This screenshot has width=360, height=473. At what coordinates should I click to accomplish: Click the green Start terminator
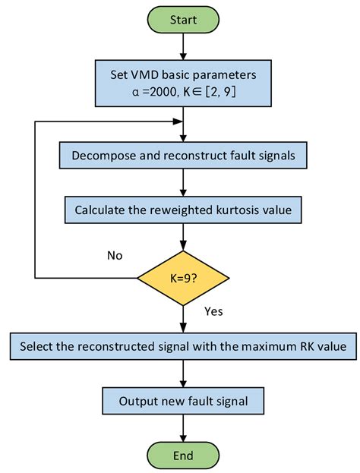point(182,18)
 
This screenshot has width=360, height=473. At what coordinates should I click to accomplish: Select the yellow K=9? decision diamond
point(182,278)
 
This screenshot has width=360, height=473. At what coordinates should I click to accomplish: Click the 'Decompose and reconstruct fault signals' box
point(182,156)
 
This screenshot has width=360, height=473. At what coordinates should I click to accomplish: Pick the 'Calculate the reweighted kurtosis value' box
point(182,208)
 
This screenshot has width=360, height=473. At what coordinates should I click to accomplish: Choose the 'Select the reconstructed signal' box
point(182,347)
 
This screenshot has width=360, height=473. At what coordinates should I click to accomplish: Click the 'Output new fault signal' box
point(182,399)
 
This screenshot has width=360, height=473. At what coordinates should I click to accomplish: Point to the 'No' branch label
point(115,255)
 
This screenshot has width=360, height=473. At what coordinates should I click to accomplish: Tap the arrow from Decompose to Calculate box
point(182,182)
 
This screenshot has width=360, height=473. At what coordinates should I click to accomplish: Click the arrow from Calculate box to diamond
point(182,237)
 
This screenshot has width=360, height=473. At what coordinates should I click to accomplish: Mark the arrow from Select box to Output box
point(182,374)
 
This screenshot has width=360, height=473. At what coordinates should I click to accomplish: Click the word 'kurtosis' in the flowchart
point(232,208)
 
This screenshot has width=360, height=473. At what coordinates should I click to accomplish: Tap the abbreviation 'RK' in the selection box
point(303,347)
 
